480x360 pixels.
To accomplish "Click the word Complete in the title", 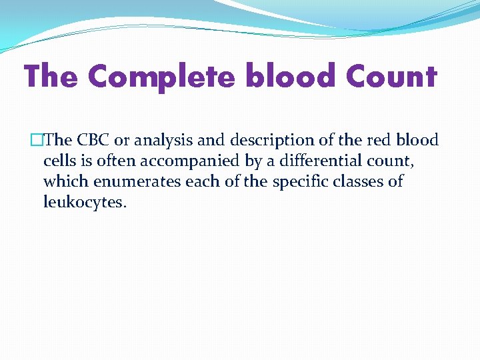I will pyautogui.click(x=161, y=77).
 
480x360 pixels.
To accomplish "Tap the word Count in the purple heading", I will pyautogui.click(x=391, y=77).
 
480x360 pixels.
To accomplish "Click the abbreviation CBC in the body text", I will pyautogui.click(x=95, y=141).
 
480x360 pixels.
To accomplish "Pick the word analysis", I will pyautogui.click(x=163, y=141).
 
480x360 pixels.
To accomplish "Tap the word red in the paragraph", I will pyautogui.click(x=373, y=141).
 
